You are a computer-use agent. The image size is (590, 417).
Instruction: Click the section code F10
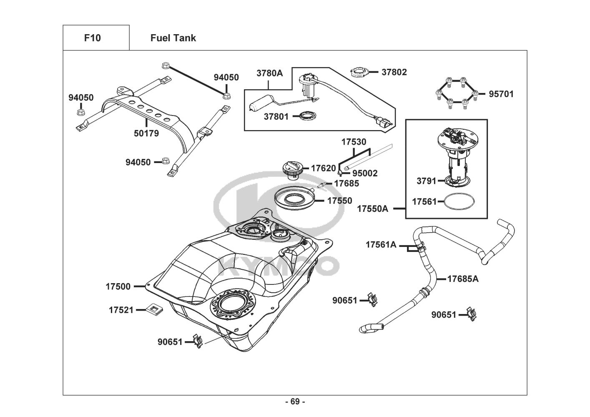[92, 38]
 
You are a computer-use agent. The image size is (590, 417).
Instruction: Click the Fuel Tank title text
[173, 38]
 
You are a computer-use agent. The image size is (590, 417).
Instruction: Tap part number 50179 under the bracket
[146, 134]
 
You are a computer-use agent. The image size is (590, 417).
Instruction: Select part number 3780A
[269, 73]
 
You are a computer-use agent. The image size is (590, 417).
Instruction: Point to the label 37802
[394, 72]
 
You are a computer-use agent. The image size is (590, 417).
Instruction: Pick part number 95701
[501, 94]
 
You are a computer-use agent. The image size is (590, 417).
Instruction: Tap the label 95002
[365, 173]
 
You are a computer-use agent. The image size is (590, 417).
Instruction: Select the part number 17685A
[463, 279]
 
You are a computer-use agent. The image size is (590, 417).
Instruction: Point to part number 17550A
[372, 209]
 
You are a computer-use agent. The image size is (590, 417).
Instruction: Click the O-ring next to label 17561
[459, 202]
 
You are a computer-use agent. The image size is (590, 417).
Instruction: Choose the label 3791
[426, 181]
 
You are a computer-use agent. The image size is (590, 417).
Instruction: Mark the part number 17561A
[381, 245]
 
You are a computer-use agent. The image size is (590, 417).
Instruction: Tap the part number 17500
[118, 286]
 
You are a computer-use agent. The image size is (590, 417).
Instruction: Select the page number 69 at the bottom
[295, 402]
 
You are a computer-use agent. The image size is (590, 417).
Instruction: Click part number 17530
[354, 142]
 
